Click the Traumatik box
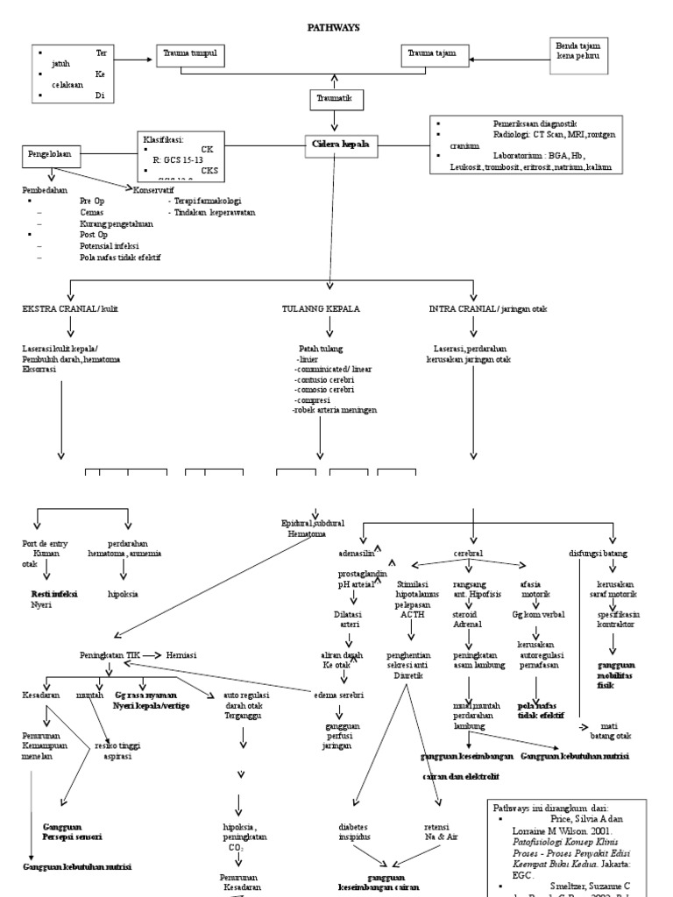(333, 99)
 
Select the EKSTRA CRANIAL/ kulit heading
(70, 309)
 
